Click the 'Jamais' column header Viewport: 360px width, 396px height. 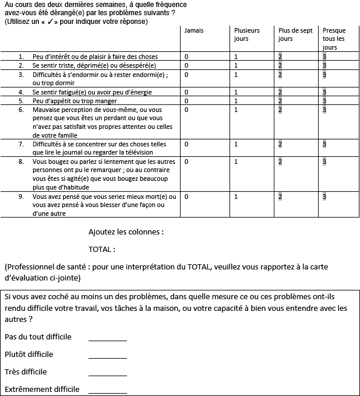pyautogui.click(x=193, y=30)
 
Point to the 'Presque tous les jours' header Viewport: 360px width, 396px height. pyautogui.click(x=334, y=38)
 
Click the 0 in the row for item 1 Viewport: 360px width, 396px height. pyautogui.click(x=186, y=57)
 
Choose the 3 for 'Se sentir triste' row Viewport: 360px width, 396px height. pyautogui.click(x=324, y=65)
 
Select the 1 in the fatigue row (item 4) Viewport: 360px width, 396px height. pyautogui.click(x=236, y=92)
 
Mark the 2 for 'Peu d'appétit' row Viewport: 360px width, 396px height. pyautogui.click(x=280, y=101)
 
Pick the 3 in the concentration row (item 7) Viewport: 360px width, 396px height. pyautogui.click(x=324, y=144)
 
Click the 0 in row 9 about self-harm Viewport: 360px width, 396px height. pyautogui.click(x=186, y=197)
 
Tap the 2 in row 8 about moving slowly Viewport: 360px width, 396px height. pyautogui.click(x=280, y=162)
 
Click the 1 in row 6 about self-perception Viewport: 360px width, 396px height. pyautogui.click(x=236, y=110)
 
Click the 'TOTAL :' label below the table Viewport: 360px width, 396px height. pyautogui.click(x=101, y=250)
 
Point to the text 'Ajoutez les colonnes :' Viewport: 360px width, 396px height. pyautogui.click(x=126, y=232)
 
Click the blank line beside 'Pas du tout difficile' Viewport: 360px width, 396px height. pyautogui.click(x=107, y=339)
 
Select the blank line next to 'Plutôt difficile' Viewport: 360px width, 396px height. pyautogui.click(x=107, y=357)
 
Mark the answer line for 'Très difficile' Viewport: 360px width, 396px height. pyautogui.click(x=107, y=374)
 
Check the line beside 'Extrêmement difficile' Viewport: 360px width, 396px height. pyautogui.click(x=107, y=392)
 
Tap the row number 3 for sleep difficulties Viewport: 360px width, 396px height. pyautogui.click(x=21, y=75)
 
